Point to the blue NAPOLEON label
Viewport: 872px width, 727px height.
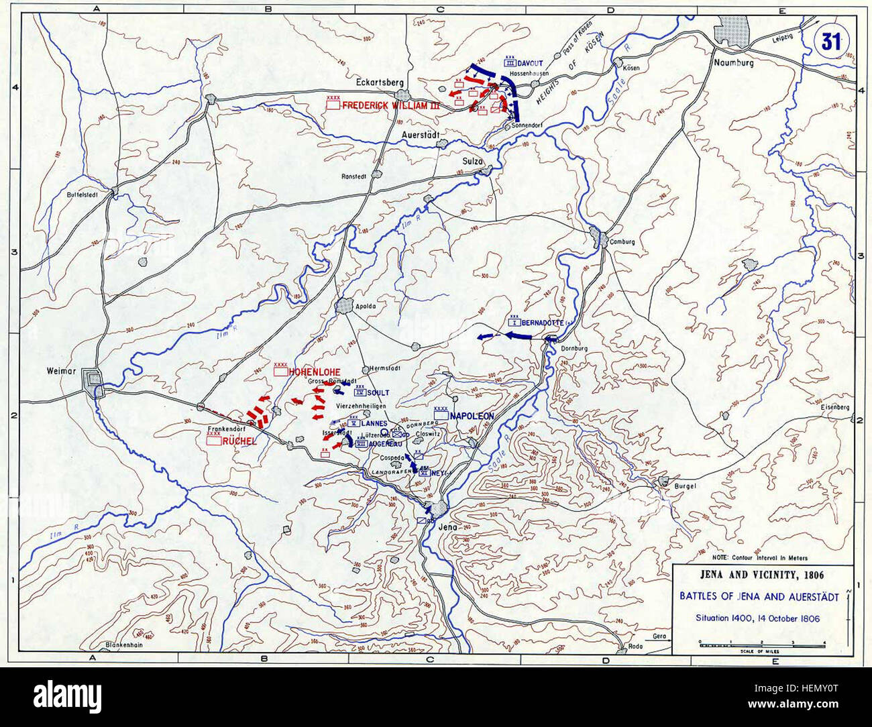tap(472, 416)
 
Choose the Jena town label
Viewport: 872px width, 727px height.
tap(447, 527)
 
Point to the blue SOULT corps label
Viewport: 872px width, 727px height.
tap(378, 392)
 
